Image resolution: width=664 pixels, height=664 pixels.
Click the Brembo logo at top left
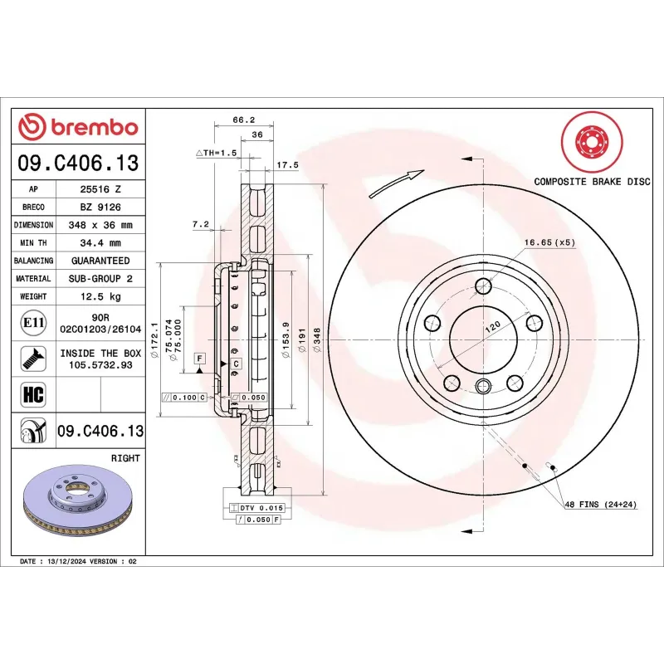tap(78, 126)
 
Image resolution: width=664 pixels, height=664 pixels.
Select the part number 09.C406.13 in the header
tap(78, 164)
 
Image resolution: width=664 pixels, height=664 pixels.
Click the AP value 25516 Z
tap(100, 189)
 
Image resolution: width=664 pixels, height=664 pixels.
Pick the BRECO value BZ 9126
tap(100, 207)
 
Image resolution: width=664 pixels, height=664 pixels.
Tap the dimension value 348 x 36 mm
tap(100, 225)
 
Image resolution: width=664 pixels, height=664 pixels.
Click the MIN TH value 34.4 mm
tap(100, 242)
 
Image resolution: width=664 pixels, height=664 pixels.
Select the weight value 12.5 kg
tap(100, 296)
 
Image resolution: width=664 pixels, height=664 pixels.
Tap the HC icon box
tap(32, 393)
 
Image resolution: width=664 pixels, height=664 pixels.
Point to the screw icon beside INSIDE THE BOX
tap(32, 358)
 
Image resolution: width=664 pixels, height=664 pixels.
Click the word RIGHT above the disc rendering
tap(125, 458)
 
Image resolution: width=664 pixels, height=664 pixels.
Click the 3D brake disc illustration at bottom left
tap(78, 503)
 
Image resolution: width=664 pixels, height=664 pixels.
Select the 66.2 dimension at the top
tap(242, 120)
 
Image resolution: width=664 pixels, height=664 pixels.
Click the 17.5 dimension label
tap(287, 165)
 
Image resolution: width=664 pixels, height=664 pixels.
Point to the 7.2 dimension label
tap(200, 224)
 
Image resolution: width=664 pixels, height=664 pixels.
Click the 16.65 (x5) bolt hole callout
tap(549, 242)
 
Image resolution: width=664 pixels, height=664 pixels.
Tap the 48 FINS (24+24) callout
tap(600, 505)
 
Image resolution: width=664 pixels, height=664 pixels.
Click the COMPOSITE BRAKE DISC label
tap(591, 181)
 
